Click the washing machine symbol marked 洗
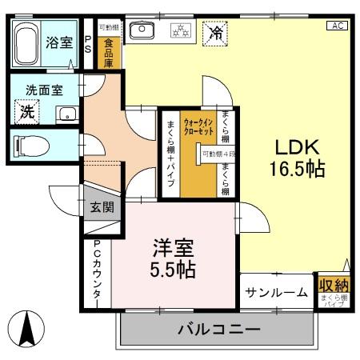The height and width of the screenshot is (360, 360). tap(28, 113)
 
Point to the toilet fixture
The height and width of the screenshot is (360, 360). tap(35, 146)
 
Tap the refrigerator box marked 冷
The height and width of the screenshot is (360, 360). tap(215, 33)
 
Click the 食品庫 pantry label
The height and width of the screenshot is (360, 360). tap(107, 51)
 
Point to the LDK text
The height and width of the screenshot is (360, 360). tap(298, 148)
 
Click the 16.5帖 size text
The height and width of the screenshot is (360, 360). tap(298, 170)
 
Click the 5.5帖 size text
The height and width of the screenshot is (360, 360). tap(174, 270)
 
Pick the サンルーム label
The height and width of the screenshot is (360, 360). tap(277, 292)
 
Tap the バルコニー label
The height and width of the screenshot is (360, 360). tap(218, 329)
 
